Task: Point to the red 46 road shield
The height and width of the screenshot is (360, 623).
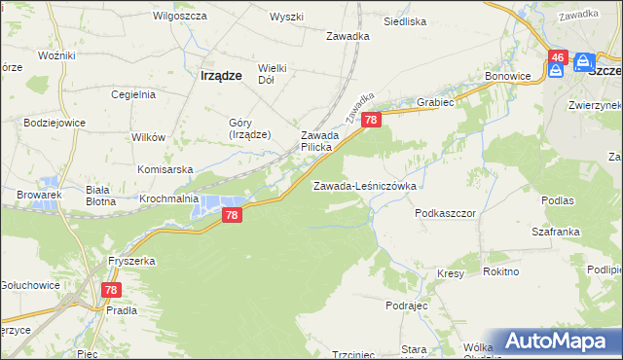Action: (x=557, y=59)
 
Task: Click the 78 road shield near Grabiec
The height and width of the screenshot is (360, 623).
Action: (x=371, y=120)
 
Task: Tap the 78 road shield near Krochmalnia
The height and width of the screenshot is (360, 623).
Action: (x=231, y=215)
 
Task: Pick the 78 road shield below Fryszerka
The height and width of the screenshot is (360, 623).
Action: (x=111, y=290)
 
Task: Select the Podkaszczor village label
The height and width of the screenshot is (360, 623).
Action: (x=444, y=212)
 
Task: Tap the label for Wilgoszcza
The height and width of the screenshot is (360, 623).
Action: (x=176, y=18)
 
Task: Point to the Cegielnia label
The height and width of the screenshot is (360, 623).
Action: (x=133, y=94)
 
